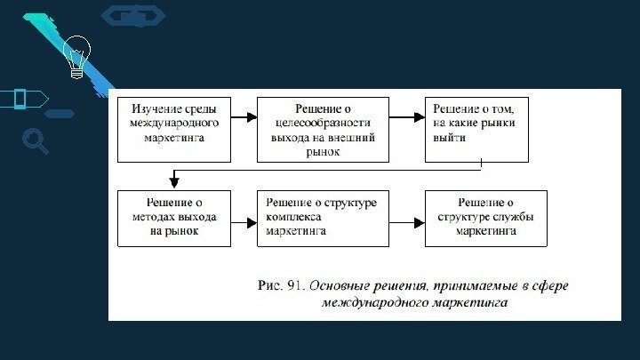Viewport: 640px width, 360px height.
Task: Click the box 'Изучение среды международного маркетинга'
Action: pos(175,129)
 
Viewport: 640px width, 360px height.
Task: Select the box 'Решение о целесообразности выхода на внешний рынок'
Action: pos(324,129)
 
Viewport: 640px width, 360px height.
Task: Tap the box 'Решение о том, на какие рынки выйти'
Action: pos(476,129)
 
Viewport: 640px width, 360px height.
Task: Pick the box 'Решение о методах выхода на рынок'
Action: pos(175,218)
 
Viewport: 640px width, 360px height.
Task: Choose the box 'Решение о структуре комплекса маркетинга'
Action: pos(324,218)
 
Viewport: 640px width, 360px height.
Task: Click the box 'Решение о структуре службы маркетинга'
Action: pos(485,218)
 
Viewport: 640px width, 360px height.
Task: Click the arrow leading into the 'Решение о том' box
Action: pos(407,117)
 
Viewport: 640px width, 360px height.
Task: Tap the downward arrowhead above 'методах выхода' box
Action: pos(175,183)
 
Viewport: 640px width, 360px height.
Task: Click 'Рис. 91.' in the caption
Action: pos(281,285)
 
